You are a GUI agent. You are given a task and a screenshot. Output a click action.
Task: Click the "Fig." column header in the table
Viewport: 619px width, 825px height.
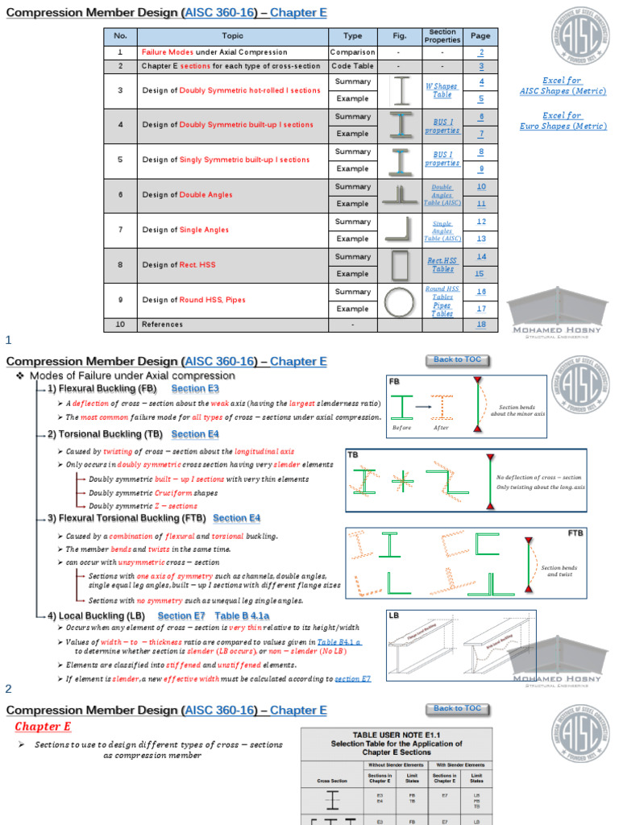tap(400, 36)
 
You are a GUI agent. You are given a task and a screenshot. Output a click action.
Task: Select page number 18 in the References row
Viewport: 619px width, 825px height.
tap(481, 325)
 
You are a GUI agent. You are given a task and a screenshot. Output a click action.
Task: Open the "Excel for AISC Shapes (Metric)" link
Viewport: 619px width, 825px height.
tap(563, 86)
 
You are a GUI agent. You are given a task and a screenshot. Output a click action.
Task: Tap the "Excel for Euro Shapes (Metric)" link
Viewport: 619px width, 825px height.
tap(563, 121)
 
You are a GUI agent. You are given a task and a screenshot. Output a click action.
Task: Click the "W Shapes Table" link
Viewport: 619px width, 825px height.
tap(442, 90)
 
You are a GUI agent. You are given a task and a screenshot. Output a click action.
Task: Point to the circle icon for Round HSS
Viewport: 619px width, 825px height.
tap(400, 301)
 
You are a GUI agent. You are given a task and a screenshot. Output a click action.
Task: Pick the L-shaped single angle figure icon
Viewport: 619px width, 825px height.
tap(400, 230)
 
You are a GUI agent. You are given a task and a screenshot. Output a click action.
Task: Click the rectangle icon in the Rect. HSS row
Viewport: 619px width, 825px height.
tap(400, 265)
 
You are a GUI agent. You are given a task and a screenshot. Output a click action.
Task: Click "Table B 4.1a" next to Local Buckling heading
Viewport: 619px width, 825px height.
tap(243, 616)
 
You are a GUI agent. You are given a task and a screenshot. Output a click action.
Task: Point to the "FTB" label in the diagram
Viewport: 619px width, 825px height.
tap(575, 533)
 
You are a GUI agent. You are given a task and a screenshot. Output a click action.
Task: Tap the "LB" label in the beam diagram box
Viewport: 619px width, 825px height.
tap(394, 616)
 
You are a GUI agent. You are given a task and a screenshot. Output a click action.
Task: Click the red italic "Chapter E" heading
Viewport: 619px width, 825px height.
tap(43, 727)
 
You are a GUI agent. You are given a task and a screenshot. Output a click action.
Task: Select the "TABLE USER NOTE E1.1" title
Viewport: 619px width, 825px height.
tap(397, 735)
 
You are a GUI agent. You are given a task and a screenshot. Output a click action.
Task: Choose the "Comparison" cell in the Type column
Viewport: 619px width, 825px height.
tap(353, 52)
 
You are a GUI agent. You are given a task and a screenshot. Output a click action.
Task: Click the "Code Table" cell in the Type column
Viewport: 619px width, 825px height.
tap(353, 66)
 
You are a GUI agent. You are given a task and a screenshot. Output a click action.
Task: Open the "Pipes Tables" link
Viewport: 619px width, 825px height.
tap(442, 309)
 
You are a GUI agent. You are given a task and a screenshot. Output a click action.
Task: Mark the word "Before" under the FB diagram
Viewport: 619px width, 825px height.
tap(401, 428)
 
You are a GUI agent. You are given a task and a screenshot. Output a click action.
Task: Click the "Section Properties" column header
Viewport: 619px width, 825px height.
tap(442, 36)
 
